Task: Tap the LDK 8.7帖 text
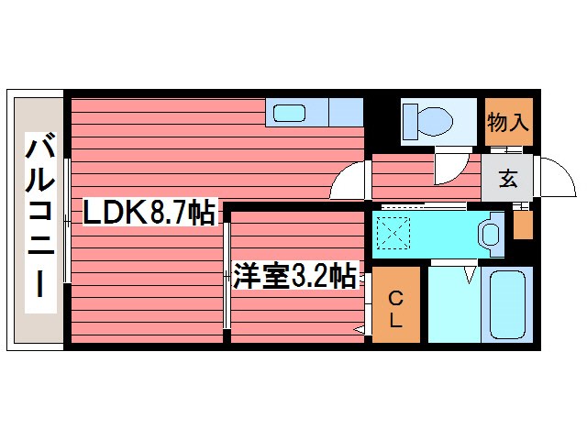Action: pyautogui.click(x=149, y=214)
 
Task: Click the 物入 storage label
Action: pyautogui.click(x=507, y=121)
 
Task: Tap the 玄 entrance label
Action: pyautogui.click(x=507, y=179)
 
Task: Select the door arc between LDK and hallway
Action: pyautogui.click(x=349, y=181)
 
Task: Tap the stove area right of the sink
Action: pyautogui.click(x=345, y=112)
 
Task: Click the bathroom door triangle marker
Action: pyautogui.click(x=471, y=273)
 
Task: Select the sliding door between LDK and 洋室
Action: pyautogui.click(x=227, y=275)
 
